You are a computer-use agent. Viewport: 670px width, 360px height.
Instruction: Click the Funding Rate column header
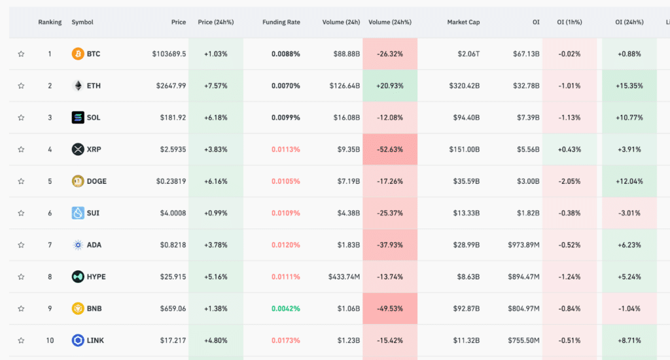pos(281,22)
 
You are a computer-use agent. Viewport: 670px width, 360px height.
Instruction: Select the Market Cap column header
pos(463,22)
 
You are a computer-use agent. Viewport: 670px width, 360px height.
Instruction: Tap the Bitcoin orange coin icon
pos(78,54)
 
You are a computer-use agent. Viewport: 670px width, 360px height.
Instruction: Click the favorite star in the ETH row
pos(21,86)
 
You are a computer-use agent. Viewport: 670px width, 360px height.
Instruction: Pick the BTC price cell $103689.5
pos(169,54)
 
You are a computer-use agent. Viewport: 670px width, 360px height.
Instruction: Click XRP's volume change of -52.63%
pos(390,150)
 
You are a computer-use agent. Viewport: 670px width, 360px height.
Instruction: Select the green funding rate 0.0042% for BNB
pos(285,309)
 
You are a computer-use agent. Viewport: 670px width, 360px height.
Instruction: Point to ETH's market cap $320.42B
pos(464,86)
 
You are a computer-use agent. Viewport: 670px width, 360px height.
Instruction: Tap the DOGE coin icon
pos(78,181)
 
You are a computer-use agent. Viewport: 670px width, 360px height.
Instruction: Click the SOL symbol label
pos(94,118)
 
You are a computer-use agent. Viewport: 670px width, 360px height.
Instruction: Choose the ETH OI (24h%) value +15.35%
pos(629,86)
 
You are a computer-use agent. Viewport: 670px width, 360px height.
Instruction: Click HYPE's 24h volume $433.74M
pos(344,277)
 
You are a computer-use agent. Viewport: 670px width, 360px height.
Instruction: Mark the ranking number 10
pos(50,341)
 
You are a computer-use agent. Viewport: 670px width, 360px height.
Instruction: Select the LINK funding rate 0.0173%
pos(285,341)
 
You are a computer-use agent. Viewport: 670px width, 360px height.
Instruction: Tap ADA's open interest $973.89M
pos(523,245)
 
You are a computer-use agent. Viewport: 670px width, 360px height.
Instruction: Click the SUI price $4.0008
pos(173,213)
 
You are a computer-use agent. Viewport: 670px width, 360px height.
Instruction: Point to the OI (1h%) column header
pos(569,22)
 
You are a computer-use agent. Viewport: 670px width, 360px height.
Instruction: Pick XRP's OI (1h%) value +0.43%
pos(569,150)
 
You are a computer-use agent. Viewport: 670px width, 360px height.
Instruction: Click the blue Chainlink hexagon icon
pos(78,340)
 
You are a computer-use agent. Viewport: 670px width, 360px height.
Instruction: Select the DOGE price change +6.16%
pos(216,181)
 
